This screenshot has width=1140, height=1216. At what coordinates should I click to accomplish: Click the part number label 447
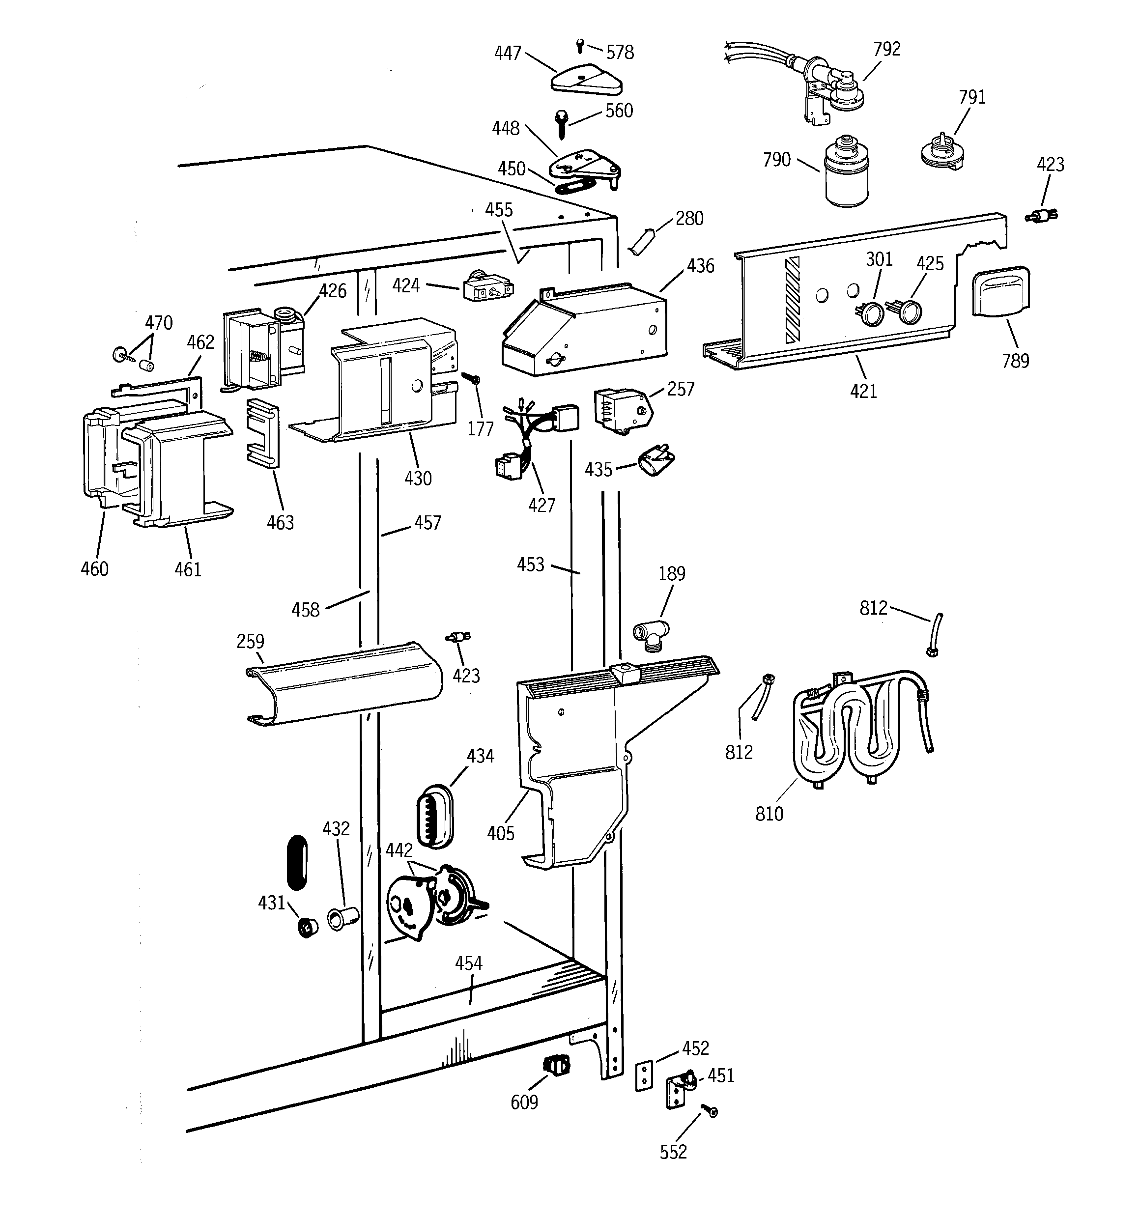[x=507, y=53]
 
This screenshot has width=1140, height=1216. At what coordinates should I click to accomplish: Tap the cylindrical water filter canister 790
[x=846, y=174]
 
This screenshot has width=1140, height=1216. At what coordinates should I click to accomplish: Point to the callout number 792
[x=886, y=49]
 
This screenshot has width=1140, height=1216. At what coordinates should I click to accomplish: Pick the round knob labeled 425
[x=910, y=312]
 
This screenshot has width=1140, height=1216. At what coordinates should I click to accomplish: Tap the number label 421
[x=863, y=391]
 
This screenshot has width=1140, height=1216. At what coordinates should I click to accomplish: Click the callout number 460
[x=95, y=569]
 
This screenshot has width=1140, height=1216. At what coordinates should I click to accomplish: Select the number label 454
[x=469, y=963]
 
